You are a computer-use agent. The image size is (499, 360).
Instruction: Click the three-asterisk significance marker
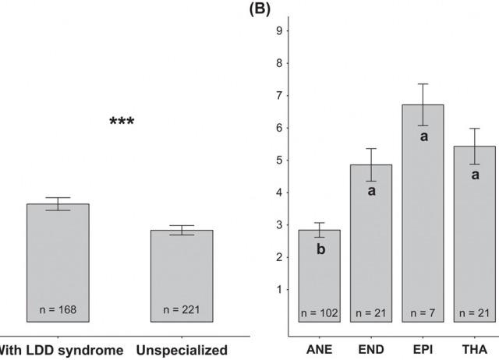[122, 122]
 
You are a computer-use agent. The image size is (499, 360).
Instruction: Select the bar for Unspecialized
[182, 276]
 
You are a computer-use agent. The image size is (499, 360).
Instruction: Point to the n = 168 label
[58, 310]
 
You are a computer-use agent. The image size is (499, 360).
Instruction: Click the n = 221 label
[182, 310]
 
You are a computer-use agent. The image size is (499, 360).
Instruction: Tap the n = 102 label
[320, 312]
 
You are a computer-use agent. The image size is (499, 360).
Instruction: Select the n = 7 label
[423, 312]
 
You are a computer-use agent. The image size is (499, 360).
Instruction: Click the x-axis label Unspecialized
[182, 350]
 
